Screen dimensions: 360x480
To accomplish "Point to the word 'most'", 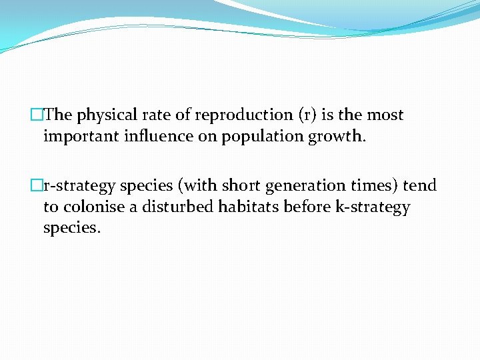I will pyautogui.click(x=385, y=115).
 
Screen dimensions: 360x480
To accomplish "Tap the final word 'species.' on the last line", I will pyautogui.click(x=71, y=228).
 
